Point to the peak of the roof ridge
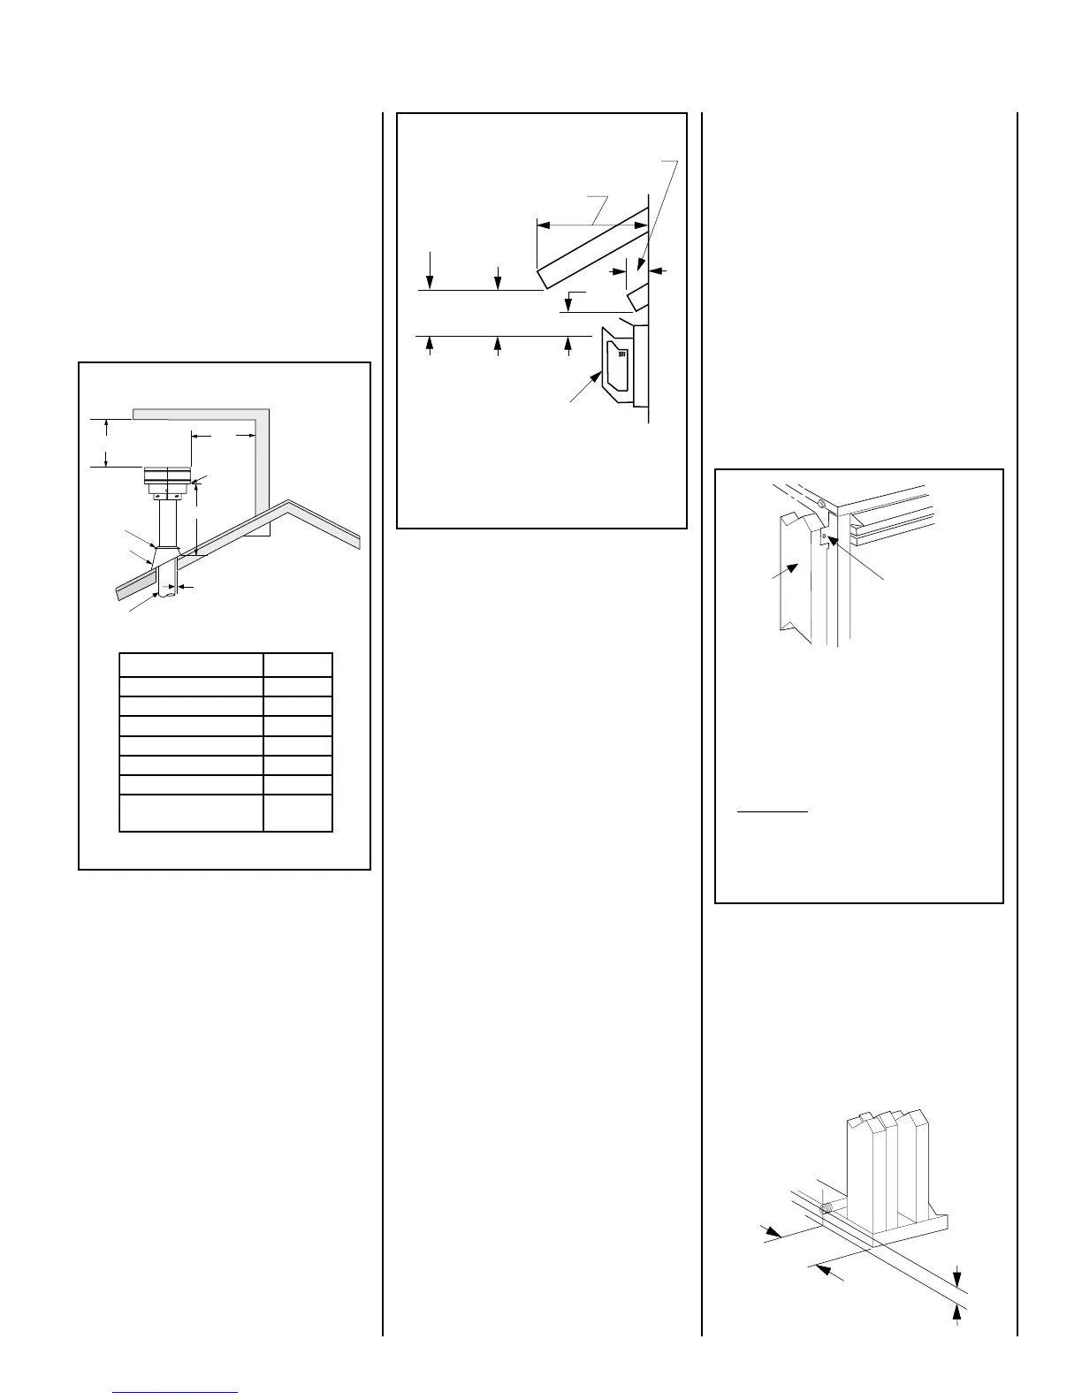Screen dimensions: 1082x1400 [289, 504]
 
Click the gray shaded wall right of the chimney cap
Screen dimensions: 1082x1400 [260, 468]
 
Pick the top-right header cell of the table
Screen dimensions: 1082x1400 [297, 665]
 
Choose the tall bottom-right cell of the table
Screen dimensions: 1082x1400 [297, 813]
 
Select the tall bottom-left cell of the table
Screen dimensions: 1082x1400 [191, 813]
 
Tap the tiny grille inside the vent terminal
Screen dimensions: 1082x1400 [622, 353]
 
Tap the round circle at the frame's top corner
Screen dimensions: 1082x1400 [821, 505]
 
